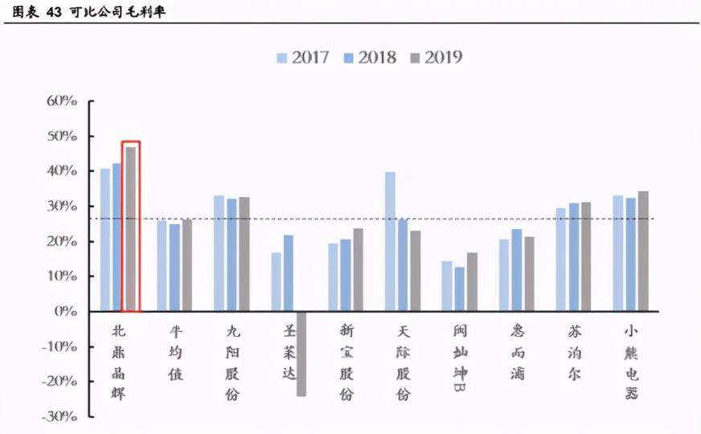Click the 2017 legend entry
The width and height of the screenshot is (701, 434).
click(x=302, y=57)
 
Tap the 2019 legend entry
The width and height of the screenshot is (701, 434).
click(x=436, y=57)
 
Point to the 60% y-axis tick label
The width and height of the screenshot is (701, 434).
click(x=62, y=101)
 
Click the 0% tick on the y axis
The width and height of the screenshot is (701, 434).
click(x=67, y=311)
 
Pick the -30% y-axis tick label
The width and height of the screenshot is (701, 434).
click(x=60, y=416)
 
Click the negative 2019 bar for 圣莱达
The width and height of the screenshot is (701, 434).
click(x=301, y=353)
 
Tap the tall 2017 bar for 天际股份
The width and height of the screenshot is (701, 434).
click(x=390, y=241)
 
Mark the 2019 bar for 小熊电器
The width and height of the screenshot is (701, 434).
click(x=643, y=251)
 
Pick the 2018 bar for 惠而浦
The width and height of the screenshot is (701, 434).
click(x=516, y=270)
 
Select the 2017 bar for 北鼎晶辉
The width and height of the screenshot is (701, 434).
click(x=105, y=240)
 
